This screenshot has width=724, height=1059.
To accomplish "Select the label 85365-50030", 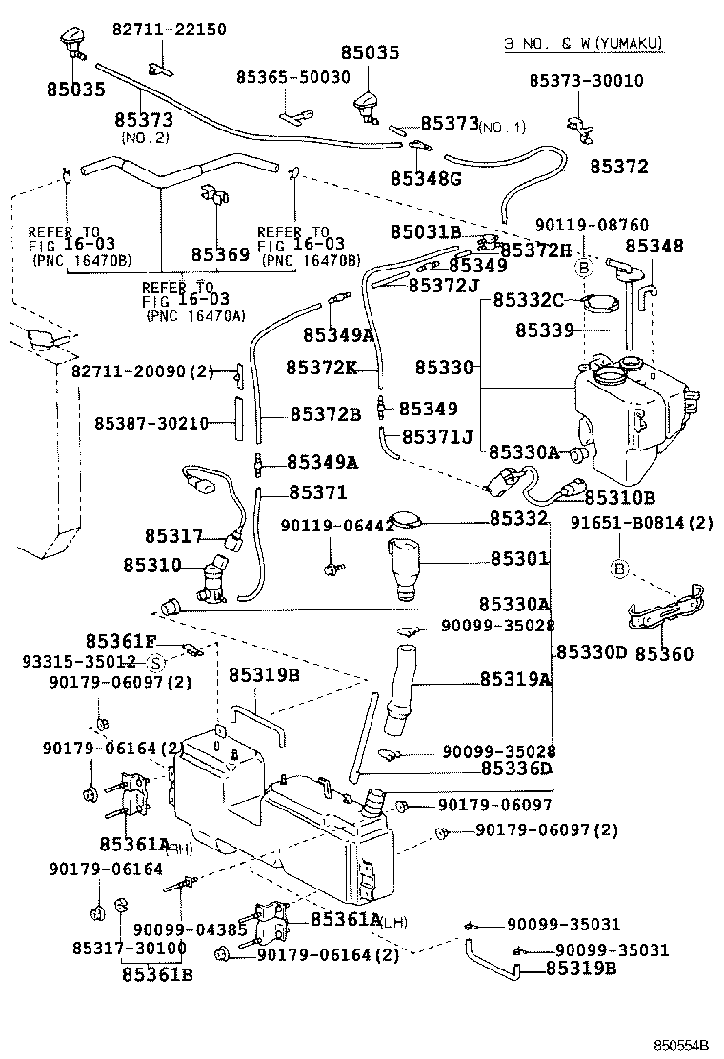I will tap(294, 77).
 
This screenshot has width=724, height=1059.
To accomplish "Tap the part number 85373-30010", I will tap(586, 81).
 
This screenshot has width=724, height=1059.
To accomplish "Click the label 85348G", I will tap(424, 178).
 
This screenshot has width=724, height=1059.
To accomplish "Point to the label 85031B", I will tap(425, 232).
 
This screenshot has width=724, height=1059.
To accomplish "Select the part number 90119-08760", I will tap(592, 226).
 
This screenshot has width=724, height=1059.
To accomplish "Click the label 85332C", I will tap(529, 301).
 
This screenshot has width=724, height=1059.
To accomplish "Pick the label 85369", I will tap(219, 254).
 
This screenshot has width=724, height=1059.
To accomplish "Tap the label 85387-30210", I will tap(151, 423).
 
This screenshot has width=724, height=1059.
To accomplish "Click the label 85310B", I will tap(619, 497).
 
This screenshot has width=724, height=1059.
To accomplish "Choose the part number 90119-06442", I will tap(337, 526).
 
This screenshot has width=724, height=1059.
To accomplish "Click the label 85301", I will tap(519, 559).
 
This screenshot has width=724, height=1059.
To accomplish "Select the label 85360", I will tap(665, 654).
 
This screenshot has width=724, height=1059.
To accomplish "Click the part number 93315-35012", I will tap(78, 661).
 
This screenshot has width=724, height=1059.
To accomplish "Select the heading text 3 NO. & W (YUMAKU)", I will tap(583, 44).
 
